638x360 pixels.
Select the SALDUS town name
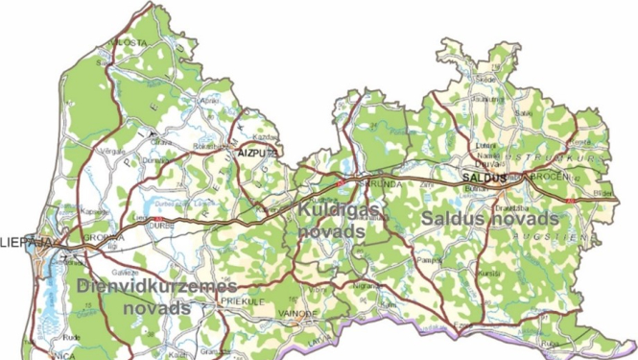[x=483, y=178]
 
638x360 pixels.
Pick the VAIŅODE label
[x=299, y=313]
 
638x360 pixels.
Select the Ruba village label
[x=549, y=342]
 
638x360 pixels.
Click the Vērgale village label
[x=114, y=151]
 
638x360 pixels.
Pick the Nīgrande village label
[x=363, y=286]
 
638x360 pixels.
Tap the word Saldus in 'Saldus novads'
[x=456, y=219]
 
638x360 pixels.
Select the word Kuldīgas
[x=336, y=208]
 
